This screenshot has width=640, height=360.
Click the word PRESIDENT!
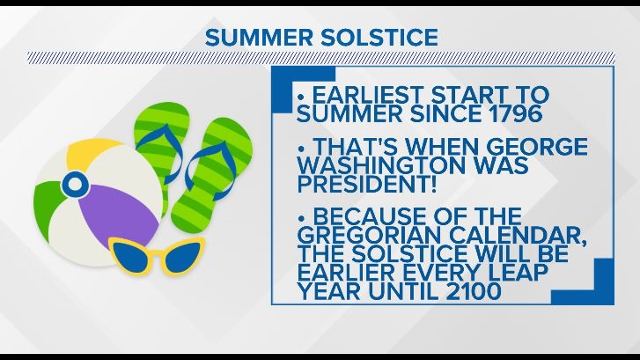coord(367,184)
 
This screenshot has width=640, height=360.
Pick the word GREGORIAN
coord(370,235)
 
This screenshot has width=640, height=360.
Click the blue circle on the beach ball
coord(75,183)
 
